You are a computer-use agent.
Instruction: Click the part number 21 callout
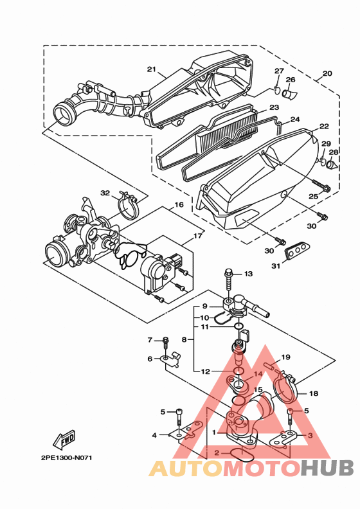pos(152,69)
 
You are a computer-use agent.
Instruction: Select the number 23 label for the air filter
pos(274,107)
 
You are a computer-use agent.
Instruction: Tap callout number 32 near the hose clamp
pos(105,193)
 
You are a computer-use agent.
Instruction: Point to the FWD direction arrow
pos(64,439)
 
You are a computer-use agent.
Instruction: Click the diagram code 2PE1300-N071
pos(67,458)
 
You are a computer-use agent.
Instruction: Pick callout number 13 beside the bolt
pos(248,274)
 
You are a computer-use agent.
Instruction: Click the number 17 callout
pos(198,237)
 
